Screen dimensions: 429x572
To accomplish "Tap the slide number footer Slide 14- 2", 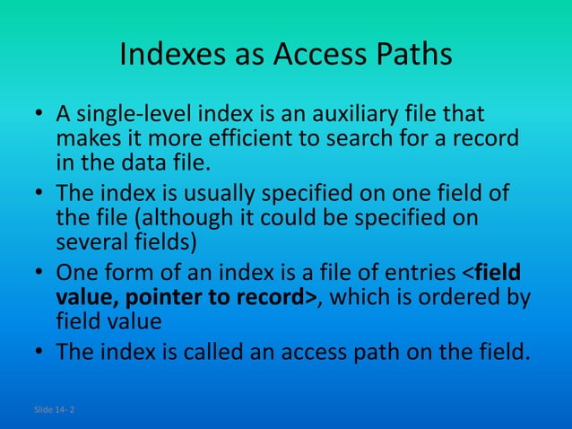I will click(54, 409).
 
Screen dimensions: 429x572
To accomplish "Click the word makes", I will click(82, 140).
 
